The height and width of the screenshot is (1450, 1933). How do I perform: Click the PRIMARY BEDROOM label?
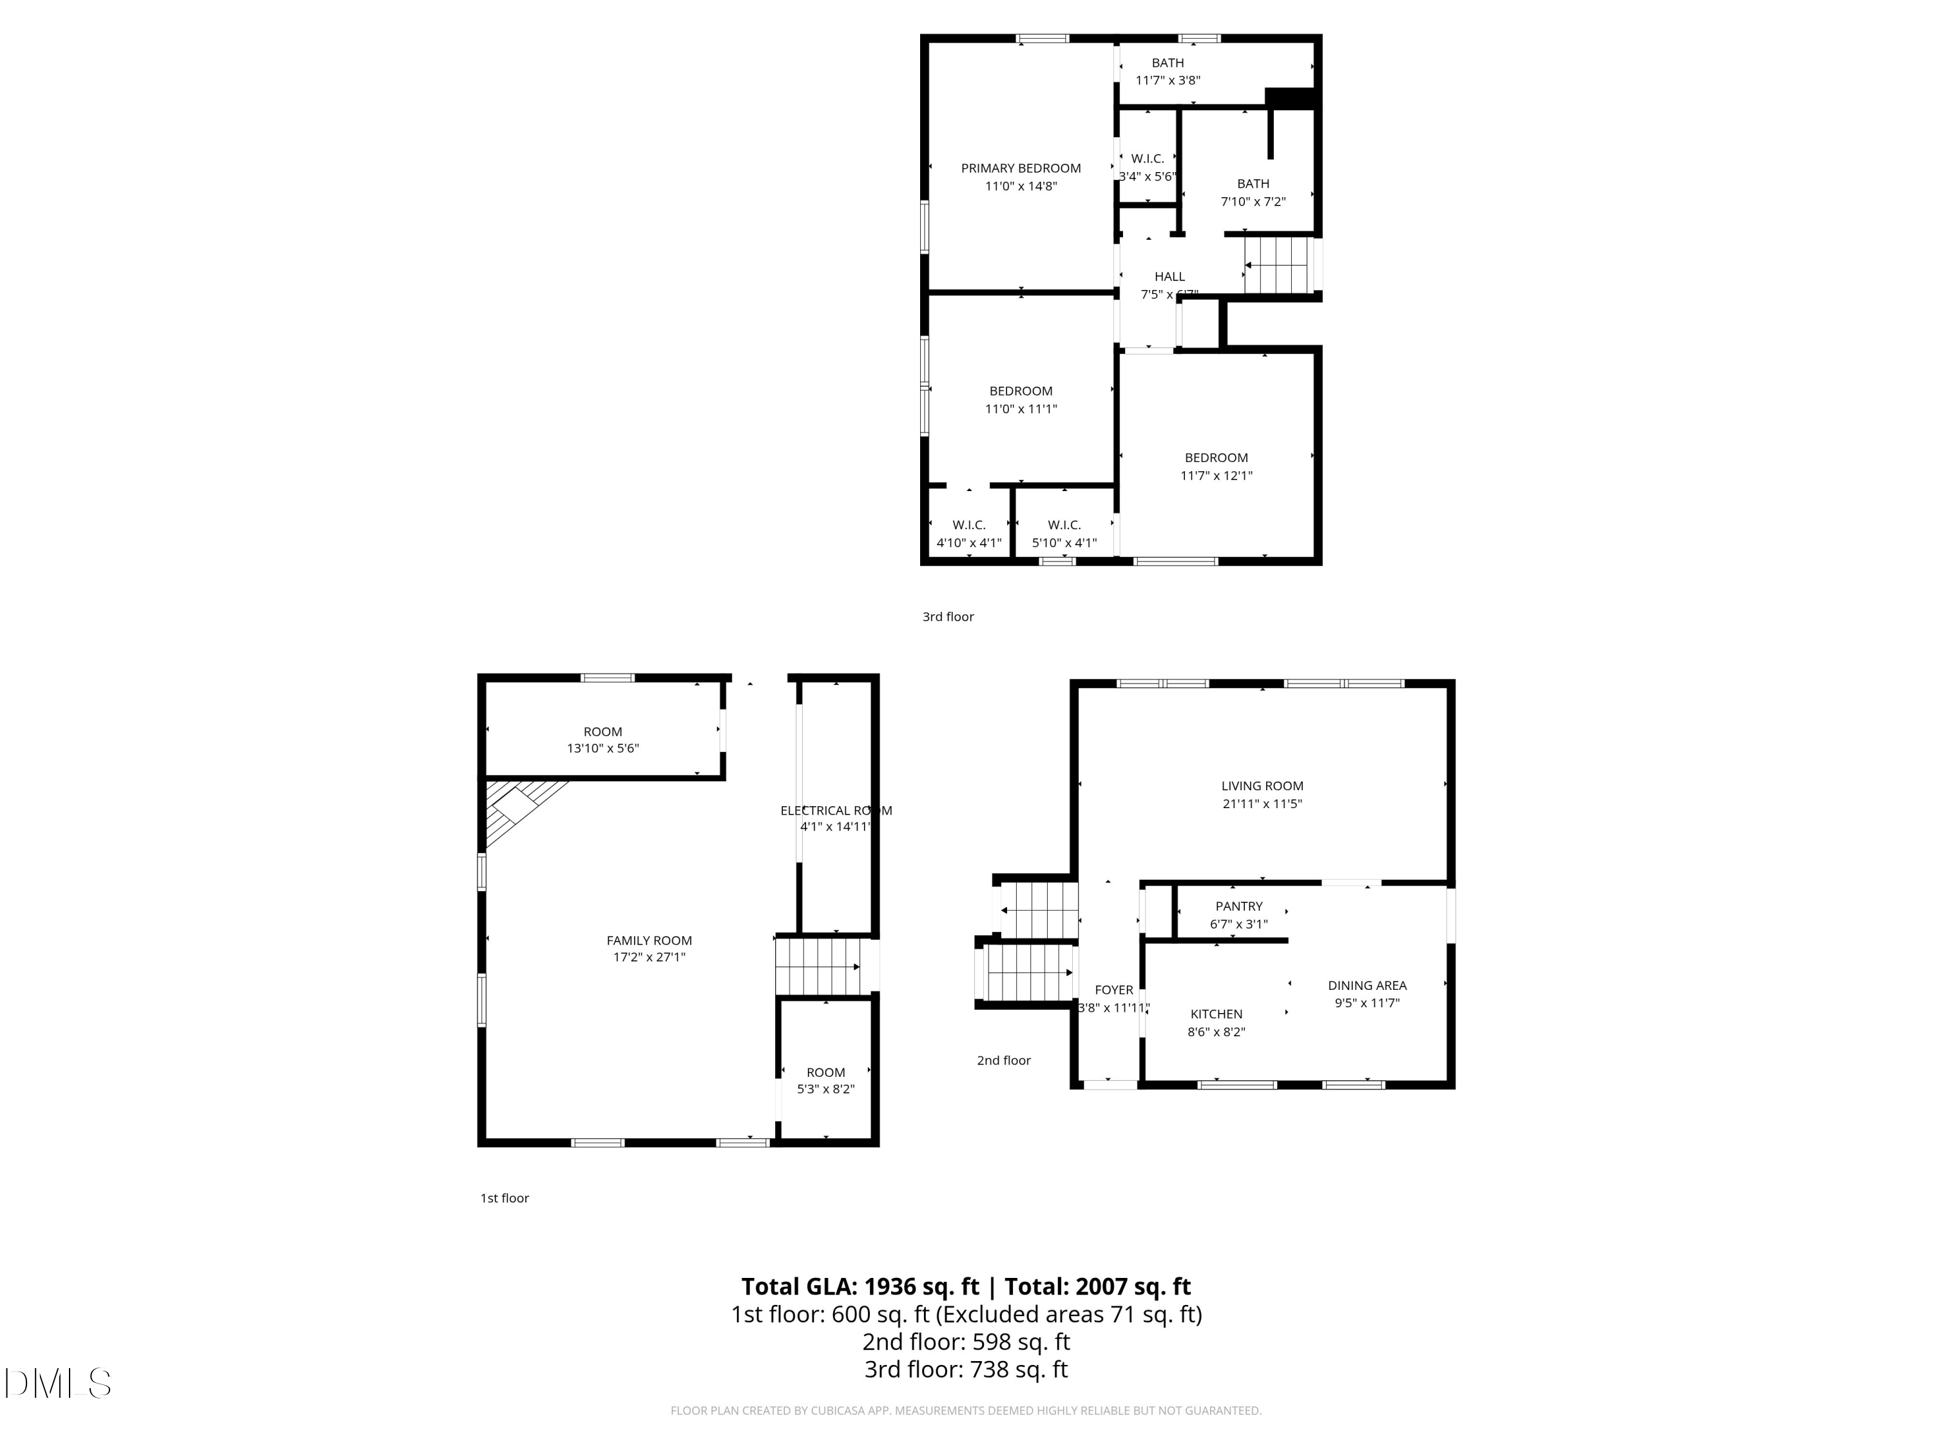(x=1021, y=168)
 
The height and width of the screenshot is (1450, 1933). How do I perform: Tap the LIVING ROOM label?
(x=1262, y=786)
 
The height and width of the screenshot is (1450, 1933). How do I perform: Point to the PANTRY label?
(x=1238, y=906)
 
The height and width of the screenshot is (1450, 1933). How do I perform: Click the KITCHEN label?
(x=1216, y=1014)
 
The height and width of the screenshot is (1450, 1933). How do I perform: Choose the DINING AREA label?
(x=1367, y=985)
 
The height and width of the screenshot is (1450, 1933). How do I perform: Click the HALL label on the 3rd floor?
(x=1169, y=276)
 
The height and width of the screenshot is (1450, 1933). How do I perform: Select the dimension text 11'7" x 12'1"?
(x=1217, y=476)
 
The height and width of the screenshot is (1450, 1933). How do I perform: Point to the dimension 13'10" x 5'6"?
(x=603, y=748)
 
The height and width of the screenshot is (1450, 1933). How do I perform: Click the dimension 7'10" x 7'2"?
(x=1253, y=202)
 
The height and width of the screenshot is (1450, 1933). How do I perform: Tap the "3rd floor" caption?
(x=948, y=616)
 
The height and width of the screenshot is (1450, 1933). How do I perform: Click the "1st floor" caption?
(x=505, y=1197)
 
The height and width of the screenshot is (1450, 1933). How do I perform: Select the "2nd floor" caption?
(x=1003, y=1060)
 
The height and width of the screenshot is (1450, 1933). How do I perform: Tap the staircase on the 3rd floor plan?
(x=1278, y=265)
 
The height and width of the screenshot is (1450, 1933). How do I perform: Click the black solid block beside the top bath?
(x=1291, y=99)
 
